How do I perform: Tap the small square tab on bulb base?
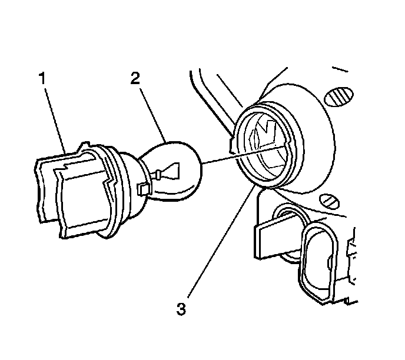[142, 188]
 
